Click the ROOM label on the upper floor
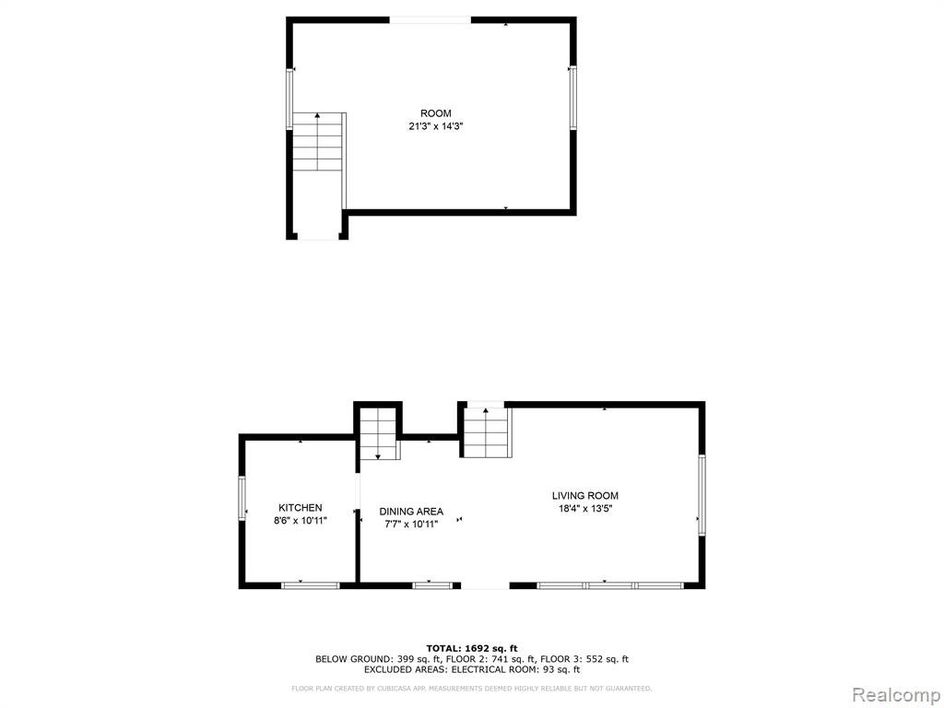click(x=435, y=113)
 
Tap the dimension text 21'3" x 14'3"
click(x=435, y=126)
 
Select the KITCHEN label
click(x=300, y=508)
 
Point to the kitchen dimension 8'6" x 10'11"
click(x=300, y=521)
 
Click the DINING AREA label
click(x=411, y=511)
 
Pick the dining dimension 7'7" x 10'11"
click(x=411, y=525)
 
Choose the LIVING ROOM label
click(x=585, y=495)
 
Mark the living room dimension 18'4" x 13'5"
click(x=585, y=509)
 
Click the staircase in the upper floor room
click(x=317, y=141)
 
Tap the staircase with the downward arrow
click(x=378, y=433)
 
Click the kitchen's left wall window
click(x=242, y=498)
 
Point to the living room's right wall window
click(x=702, y=495)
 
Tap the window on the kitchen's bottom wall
click(x=311, y=585)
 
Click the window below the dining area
click(x=432, y=585)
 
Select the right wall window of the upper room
click(x=572, y=97)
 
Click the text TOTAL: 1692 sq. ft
click(x=472, y=648)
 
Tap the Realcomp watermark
click(x=895, y=695)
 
